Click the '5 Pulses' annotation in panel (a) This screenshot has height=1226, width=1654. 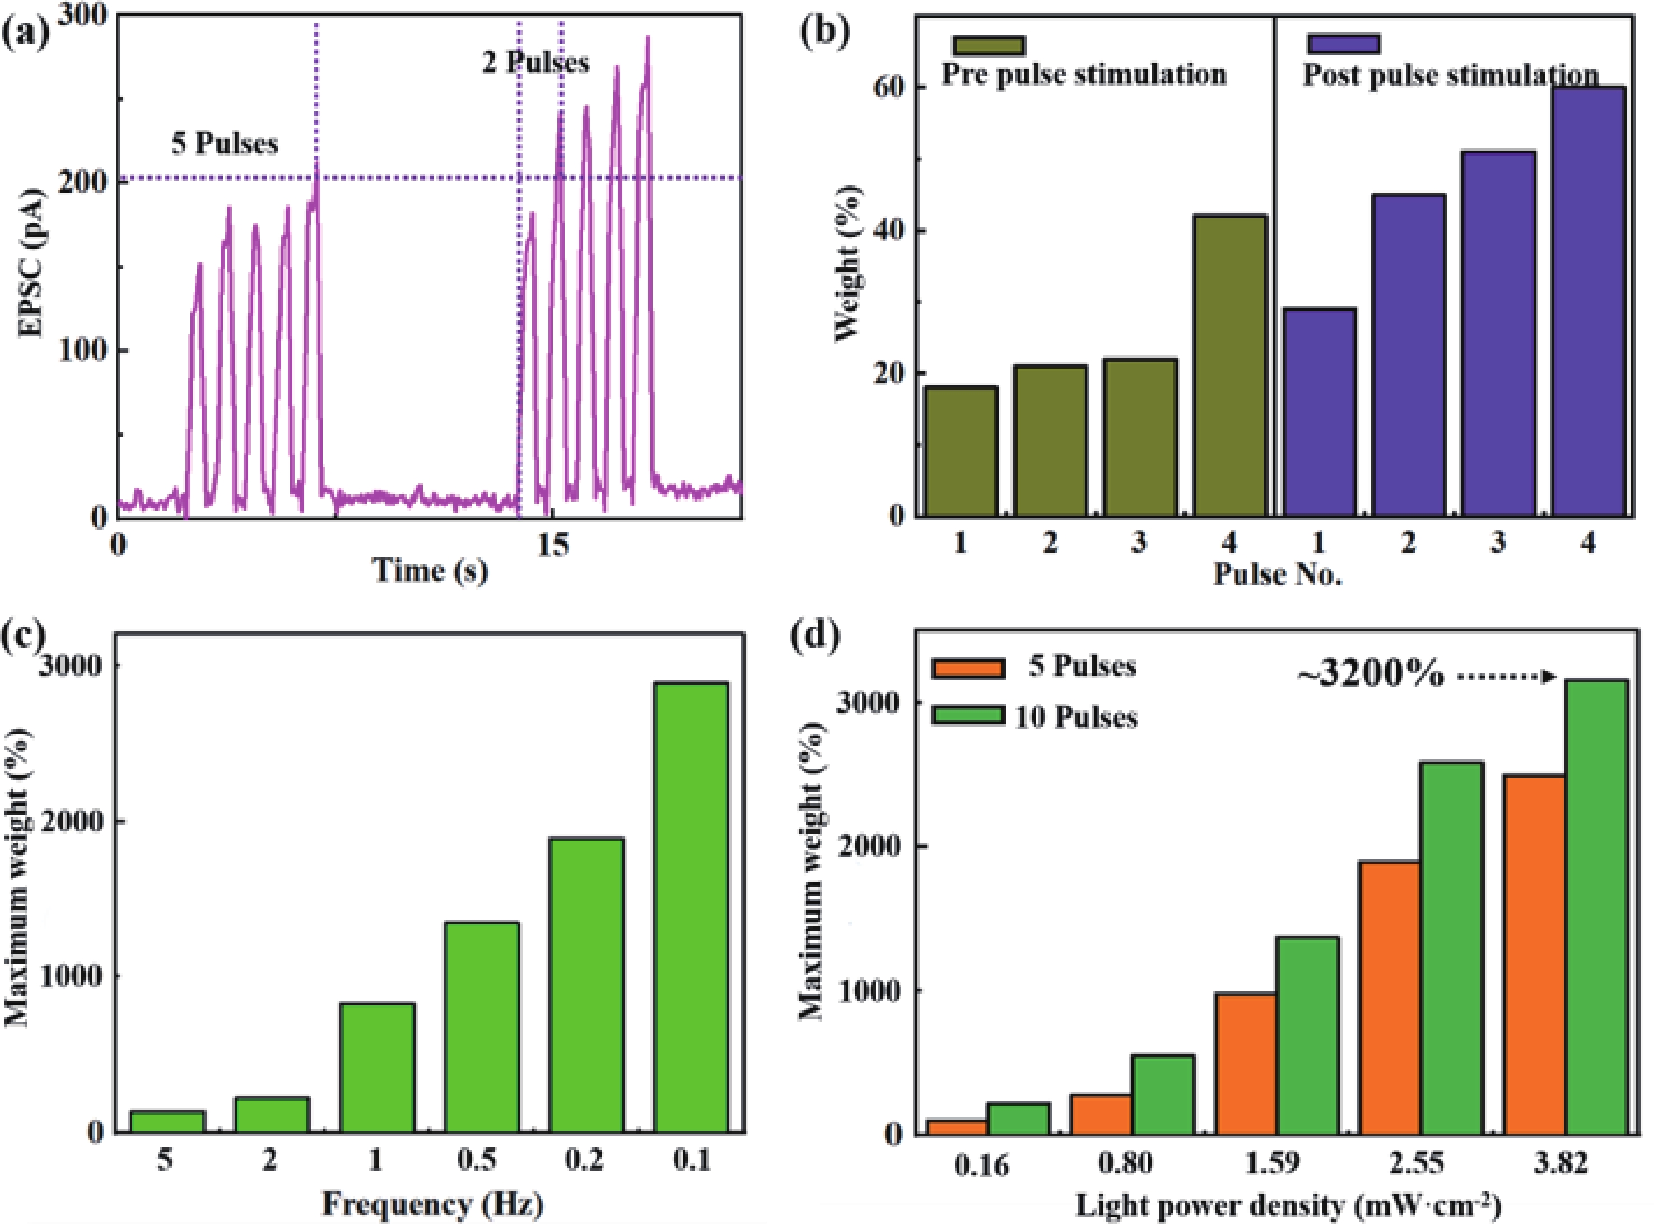tap(225, 143)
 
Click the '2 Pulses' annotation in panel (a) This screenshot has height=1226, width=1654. tap(535, 62)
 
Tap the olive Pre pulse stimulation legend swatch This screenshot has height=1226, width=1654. tap(988, 45)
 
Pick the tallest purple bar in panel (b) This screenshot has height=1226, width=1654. tap(1588, 301)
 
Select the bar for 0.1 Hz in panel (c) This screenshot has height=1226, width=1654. tap(691, 906)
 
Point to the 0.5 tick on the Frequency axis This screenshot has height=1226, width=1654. tap(477, 1160)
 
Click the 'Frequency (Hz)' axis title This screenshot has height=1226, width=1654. tap(432, 1203)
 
